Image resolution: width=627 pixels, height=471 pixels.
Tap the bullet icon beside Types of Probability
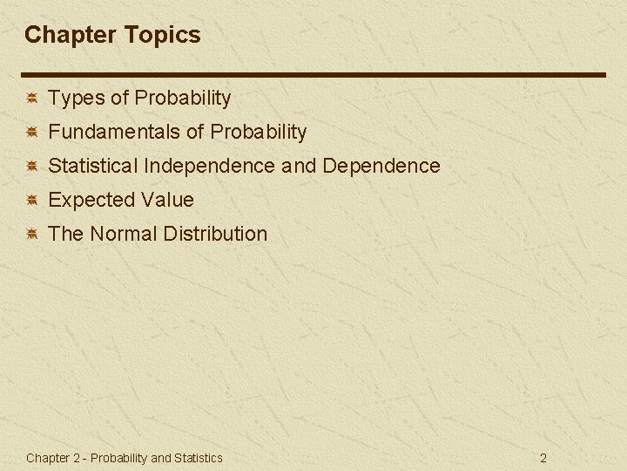tap(30, 99)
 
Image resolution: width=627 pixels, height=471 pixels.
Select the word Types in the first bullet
tap(77, 99)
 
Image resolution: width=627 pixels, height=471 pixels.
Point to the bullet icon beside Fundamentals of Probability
tap(30, 133)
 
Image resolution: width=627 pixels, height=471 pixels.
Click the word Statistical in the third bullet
tap(93, 166)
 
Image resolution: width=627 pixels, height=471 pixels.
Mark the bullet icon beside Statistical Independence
tap(30, 167)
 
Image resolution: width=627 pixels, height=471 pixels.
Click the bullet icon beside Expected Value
tap(30, 201)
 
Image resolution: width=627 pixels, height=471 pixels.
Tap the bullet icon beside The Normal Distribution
tap(30, 235)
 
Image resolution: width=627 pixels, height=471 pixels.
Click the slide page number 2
tap(543, 458)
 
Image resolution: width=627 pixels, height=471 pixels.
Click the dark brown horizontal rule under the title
tap(313, 75)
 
